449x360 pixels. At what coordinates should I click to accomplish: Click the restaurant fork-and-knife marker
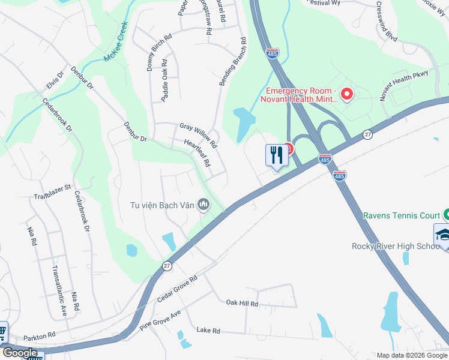point(276,155)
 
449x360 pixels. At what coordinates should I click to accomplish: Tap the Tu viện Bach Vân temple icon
point(203,206)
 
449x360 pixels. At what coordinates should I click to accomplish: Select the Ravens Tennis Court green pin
point(446,214)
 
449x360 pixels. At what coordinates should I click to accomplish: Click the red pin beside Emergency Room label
point(346,94)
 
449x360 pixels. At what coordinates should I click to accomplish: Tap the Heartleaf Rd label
point(197,153)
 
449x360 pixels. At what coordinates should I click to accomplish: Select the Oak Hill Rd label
point(242,304)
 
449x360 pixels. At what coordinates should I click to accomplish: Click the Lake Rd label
point(208,331)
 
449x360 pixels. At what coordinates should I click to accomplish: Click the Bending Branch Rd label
point(233,61)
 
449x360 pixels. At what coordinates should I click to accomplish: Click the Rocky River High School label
point(388,247)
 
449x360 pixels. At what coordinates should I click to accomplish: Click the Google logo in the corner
point(20,353)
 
